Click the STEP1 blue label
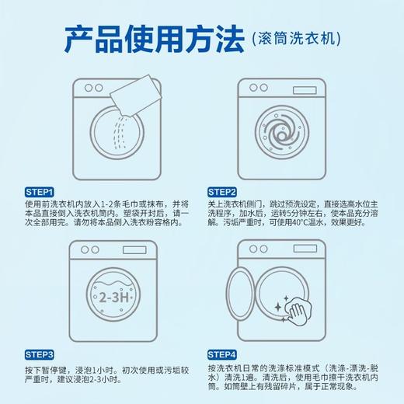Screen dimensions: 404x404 [x=40, y=191]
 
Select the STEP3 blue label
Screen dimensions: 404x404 [x=40, y=353]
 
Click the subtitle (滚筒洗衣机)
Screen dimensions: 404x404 [x=295, y=37]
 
